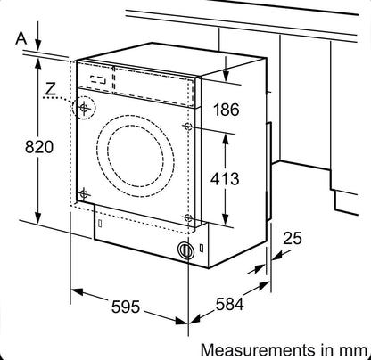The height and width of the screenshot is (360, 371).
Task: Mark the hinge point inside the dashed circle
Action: pyautogui.click(x=84, y=109)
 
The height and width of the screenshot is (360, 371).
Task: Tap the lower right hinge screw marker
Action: pyautogui.click(x=187, y=217)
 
